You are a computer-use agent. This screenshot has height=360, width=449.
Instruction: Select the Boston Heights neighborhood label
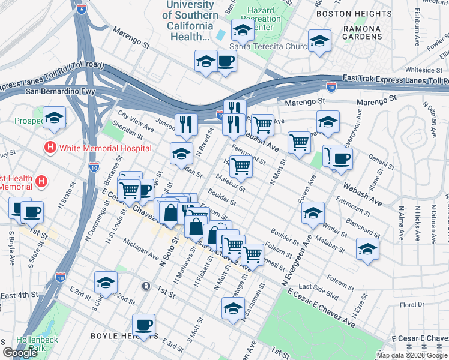pyautogui.click(x=354, y=13)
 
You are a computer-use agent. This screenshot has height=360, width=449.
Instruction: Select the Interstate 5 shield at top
pyautogui.click(x=82, y=9)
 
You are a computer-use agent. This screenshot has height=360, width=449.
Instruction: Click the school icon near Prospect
pyautogui.click(x=55, y=118)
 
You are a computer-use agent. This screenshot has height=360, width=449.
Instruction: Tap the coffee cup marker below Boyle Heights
pyautogui.click(x=143, y=325)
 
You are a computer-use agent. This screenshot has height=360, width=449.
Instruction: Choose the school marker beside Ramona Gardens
pyautogui.click(x=319, y=41)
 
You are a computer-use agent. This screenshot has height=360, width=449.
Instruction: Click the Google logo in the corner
pyautogui.click(x=20, y=353)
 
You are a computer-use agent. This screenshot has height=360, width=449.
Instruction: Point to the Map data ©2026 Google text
pyautogui.click(x=412, y=355)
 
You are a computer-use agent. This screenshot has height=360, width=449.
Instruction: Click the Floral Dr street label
pyautogui.click(x=412, y=305)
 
